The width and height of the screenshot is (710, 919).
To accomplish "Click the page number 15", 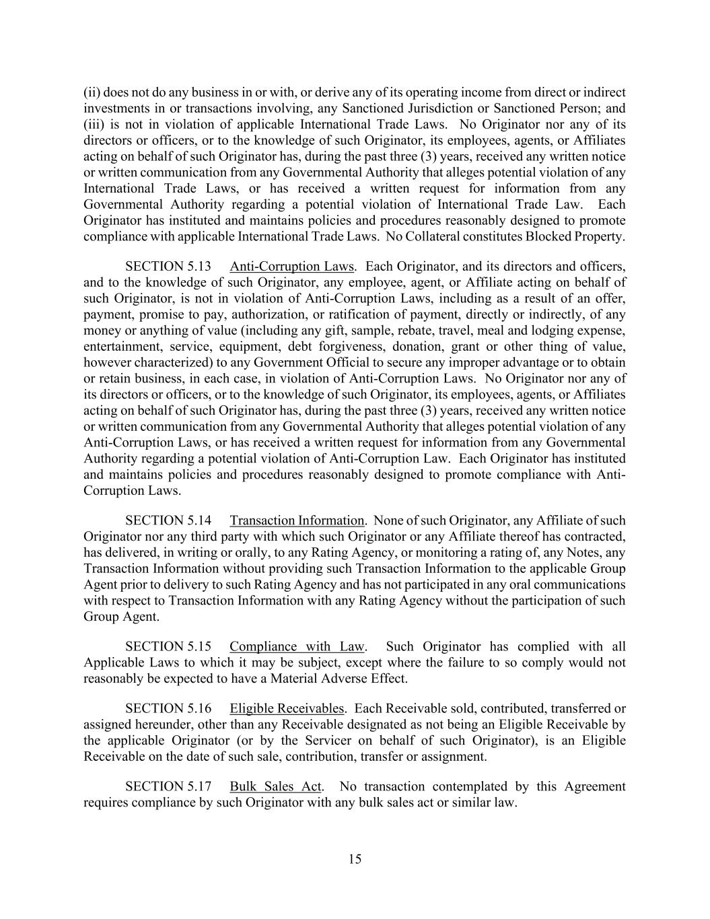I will click(x=355, y=859).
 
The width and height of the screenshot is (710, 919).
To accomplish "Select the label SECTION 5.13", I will click(x=168, y=267).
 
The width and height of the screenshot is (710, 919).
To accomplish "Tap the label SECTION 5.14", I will click(x=168, y=520).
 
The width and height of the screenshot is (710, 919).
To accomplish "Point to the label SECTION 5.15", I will click(x=168, y=647).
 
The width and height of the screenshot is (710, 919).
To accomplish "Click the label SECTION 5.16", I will click(x=168, y=709).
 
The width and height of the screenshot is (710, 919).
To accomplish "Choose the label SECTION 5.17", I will click(x=168, y=787).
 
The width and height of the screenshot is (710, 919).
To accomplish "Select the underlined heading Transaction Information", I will click(x=297, y=520).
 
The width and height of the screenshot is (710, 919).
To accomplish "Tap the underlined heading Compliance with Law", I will click(x=297, y=647).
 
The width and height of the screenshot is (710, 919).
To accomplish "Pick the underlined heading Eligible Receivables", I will click(x=287, y=709).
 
